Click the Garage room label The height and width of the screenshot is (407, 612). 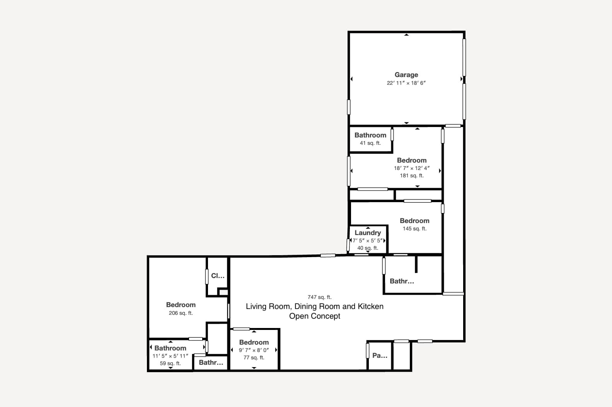pos(406,75)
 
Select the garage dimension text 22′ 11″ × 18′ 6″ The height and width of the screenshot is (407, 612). pos(406,83)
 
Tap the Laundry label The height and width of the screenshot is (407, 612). pos(368,233)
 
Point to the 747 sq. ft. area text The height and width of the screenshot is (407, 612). pos(319,297)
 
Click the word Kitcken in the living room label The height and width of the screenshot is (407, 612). pos(370,306)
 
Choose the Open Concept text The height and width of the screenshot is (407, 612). pos(315,316)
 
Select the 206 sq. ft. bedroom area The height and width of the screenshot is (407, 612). pos(181,313)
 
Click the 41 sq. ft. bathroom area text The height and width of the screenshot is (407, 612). pos(370,143)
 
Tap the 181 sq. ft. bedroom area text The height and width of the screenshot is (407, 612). pos(412,175)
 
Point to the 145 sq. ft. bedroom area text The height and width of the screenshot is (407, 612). pos(414,228)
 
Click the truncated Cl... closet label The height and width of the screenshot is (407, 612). pos(218,276)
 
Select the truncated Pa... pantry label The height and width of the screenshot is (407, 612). pos(380,355)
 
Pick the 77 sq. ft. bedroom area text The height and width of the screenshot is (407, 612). pos(254,357)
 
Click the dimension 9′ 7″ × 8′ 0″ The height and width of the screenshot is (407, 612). pos(254,350)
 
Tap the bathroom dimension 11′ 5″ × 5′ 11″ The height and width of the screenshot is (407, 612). pos(170,356)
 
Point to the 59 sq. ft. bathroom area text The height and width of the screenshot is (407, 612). pos(170,364)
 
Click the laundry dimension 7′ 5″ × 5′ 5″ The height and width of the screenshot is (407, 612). pos(368,240)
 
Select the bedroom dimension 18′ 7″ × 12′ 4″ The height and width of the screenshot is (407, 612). pos(412,168)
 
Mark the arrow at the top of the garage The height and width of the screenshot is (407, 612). pos(407,35)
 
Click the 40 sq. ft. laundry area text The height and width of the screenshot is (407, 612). pos(368,248)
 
